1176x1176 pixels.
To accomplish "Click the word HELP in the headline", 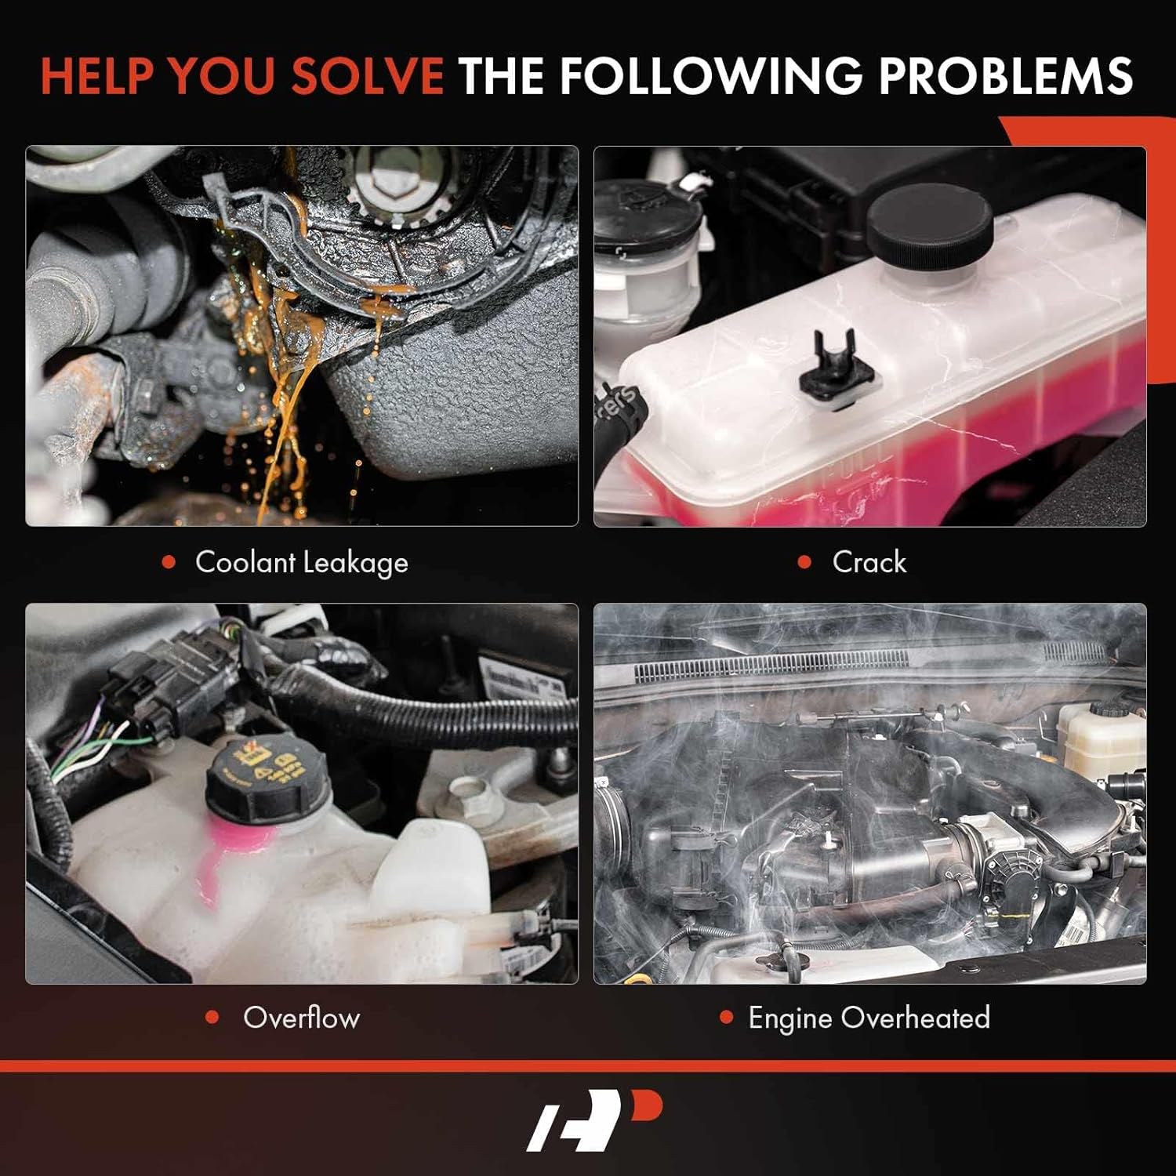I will (x=98, y=75).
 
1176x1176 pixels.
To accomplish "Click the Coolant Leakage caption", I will (x=301, y=562).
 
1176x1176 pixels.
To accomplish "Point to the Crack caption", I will (x=869, y=562).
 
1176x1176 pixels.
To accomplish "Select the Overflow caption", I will (x=301, y=1018).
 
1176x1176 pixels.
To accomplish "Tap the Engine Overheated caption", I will (x=869, y=1018).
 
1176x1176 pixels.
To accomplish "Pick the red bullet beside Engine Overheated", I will (x=726, y=1018).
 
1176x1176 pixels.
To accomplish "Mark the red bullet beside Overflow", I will (x=212, y=1018).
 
